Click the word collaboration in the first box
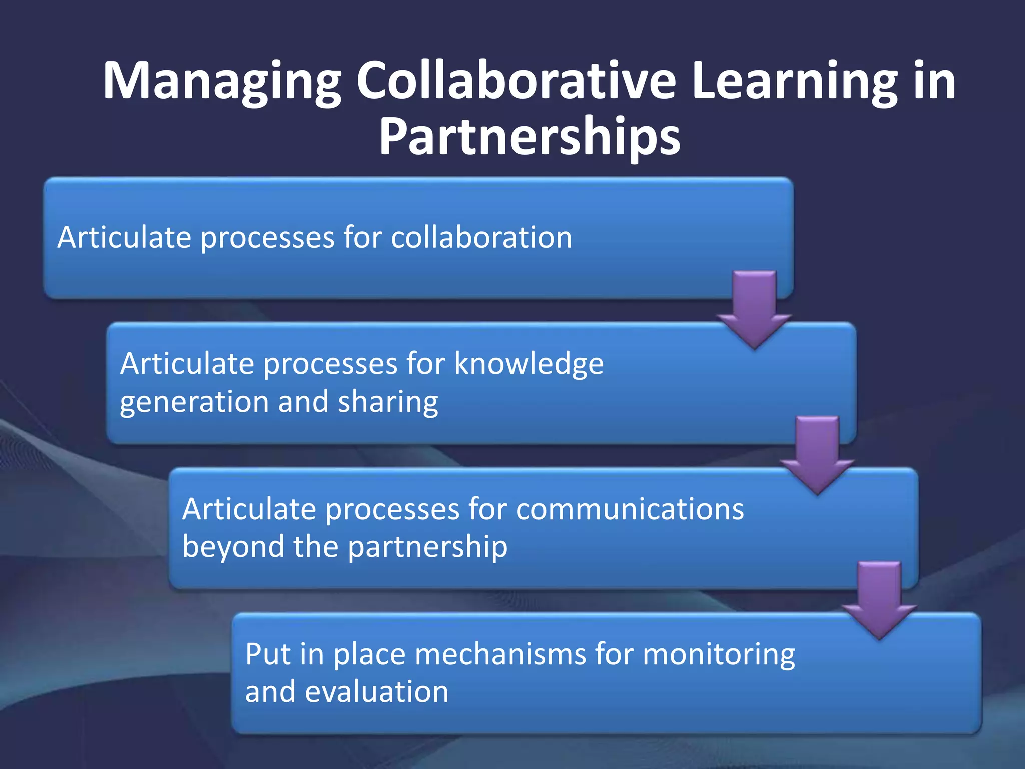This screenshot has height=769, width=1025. pyautogui.click(x=481, y=237)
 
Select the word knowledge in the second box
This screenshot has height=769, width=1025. pyautogui.click(x=529, y=364)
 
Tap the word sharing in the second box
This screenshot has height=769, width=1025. pyautogui.click(x=388, y=403)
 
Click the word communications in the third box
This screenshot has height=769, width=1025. pyautogui.click(x=630, y=509)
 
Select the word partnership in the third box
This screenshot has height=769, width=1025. pyautogui.click(x=428, y=547)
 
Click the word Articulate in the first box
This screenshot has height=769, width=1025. pyautogui.click(x=124, y=237)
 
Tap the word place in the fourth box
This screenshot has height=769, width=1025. pyautogui.click(x=369, y=655)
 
